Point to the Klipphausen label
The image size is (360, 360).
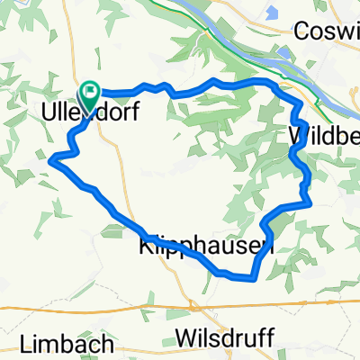[x=206, y=245]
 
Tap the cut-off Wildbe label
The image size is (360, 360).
[x=324, y=136]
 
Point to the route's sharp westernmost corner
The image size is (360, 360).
[x=51, y=160]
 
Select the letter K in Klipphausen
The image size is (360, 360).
[x=147, y=245]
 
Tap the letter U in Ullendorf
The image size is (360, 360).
[x=49, y=113]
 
